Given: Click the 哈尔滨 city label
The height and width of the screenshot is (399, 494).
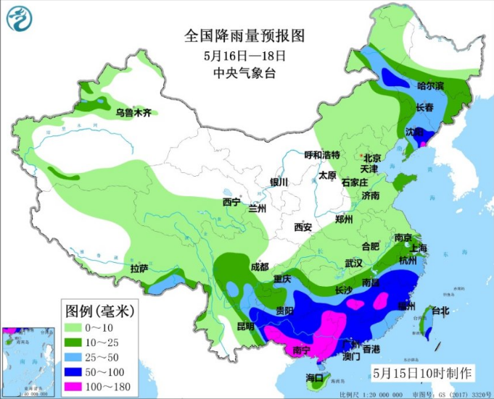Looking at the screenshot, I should (x=429, y=85).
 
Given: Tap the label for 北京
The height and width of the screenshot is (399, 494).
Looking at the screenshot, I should (x=371, y=158).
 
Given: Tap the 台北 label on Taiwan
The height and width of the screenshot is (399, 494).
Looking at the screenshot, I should (x=440, y=311).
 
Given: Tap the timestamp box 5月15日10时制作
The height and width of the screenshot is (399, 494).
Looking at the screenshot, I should (x=421, y=373).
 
